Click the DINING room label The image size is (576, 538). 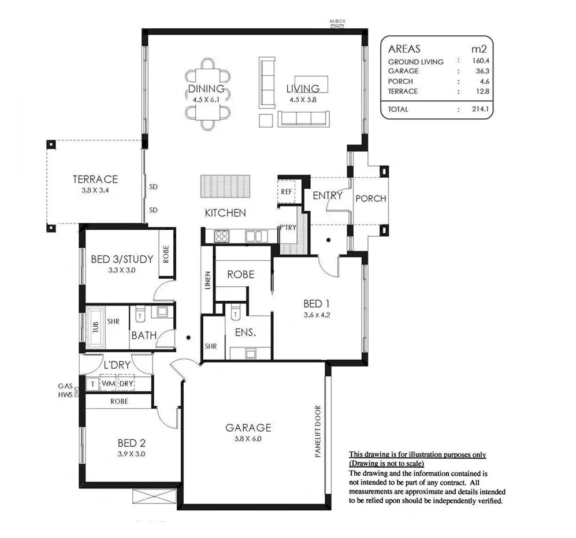pos(206,89)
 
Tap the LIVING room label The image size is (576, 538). pos(303,89)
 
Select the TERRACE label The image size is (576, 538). pos(95,179)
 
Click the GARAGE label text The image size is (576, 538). pos(248,428)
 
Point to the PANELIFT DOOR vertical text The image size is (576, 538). pos(318,432)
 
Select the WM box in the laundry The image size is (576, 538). pos(109,383)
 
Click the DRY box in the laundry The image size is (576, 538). pos(126,383)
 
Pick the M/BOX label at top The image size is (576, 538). pos(337,22)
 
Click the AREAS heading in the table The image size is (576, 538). pos(404,49)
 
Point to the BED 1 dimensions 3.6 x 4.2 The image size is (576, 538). pos(316,315)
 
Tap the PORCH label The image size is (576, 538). pos(370,199)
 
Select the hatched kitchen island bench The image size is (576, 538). pos(226,186)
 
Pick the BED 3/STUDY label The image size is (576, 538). pos(122,259)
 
